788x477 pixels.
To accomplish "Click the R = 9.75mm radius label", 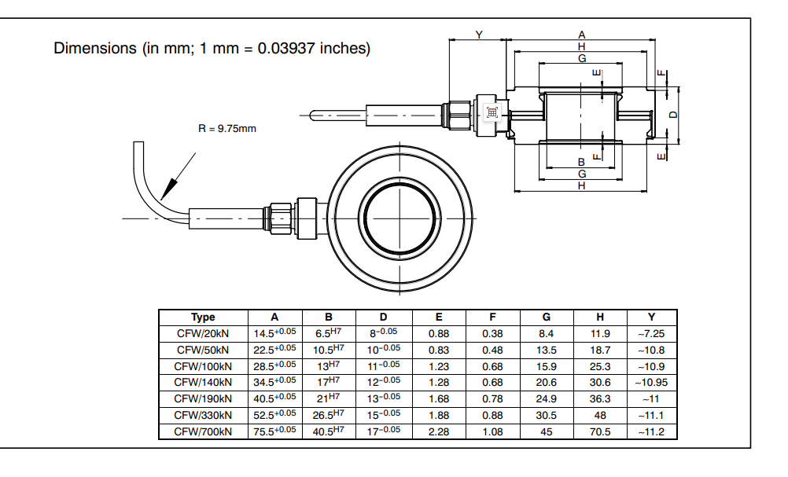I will point(227,128).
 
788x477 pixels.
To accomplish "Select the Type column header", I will point(203,317).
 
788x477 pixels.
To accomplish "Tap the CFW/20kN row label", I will point(203,333).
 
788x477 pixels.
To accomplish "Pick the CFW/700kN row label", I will point(203,431).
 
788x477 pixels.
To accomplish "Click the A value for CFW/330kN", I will point(274,415).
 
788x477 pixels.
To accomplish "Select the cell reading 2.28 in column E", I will point(438,431).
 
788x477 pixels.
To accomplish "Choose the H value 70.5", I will point(600,431).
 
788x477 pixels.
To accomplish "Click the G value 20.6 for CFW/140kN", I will point(547,382).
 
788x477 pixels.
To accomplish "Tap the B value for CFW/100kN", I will point(330,366).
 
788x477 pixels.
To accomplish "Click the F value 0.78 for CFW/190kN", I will point(492,398).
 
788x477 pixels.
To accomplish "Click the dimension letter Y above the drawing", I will point(479,35).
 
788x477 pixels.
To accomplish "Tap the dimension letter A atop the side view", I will point(582,35).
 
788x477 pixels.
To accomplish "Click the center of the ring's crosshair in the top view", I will point(401,216).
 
